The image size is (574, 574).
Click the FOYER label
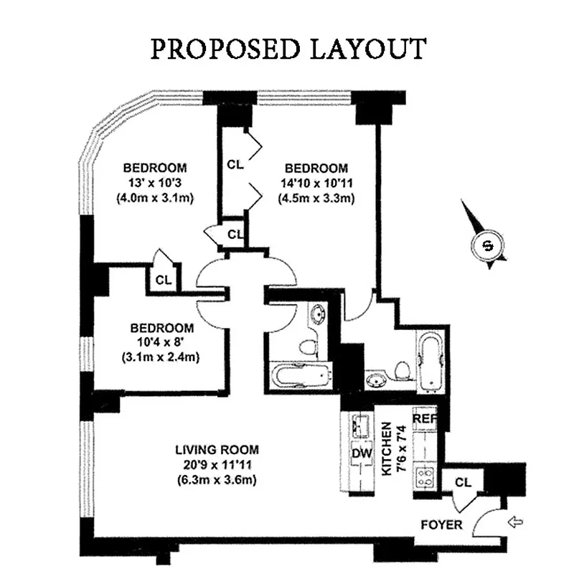442,525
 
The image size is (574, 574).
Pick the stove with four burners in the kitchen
425,476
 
